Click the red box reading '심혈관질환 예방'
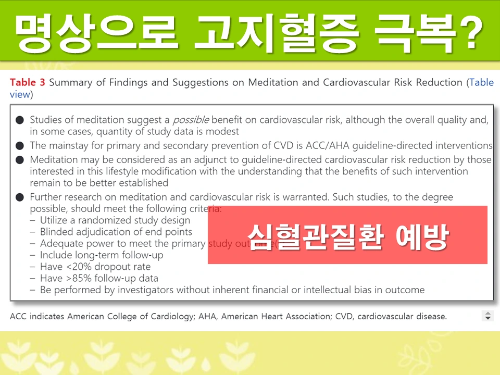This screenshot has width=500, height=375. click(347, 235)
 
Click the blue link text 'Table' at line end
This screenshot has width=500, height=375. click(481, 82)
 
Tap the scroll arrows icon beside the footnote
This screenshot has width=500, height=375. click(488, 316)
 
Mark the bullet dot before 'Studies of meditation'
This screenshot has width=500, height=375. click(20, 120)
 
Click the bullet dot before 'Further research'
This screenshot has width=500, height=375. click(20, 197)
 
